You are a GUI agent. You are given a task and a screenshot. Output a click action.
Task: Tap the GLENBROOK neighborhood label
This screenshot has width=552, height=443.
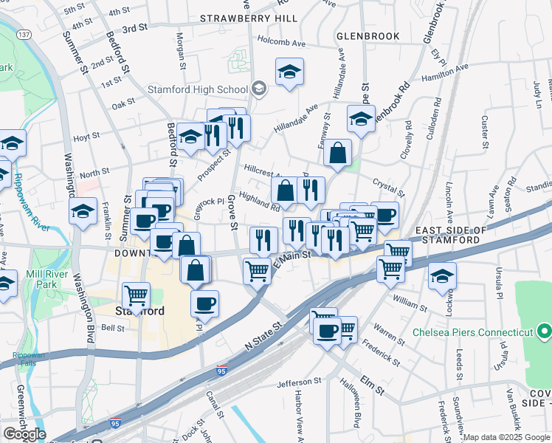point(368,35)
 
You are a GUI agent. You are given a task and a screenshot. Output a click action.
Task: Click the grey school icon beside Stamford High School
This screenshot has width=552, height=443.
point(258,90)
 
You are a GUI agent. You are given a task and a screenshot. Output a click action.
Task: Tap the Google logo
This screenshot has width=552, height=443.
point(24,434)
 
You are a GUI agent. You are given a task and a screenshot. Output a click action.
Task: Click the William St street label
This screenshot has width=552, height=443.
point(411,302)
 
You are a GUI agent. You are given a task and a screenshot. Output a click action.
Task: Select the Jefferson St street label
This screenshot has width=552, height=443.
point(300,383)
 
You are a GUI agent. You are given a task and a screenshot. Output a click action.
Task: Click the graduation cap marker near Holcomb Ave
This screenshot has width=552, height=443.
point(289,72)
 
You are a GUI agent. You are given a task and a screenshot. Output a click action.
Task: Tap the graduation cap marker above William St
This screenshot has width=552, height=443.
point(443,275)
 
